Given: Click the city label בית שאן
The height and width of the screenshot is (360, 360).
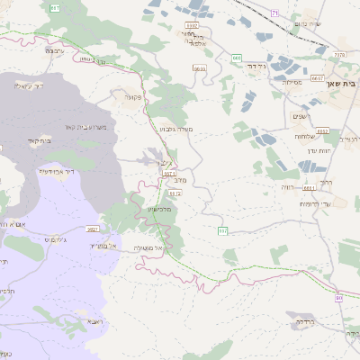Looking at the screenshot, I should pyautogui.click(x=343, y=83).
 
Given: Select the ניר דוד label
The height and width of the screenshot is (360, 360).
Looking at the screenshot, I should pyautogui.click(x=256, y=66).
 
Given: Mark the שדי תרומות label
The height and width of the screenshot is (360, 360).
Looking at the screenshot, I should pyautogui.click(x=315, y=204).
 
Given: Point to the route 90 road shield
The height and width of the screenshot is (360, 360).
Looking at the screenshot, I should pyautogui.click(x=338, y=297).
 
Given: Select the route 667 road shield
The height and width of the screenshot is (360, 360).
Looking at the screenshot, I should pyautogui.click(x=55, y=8).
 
